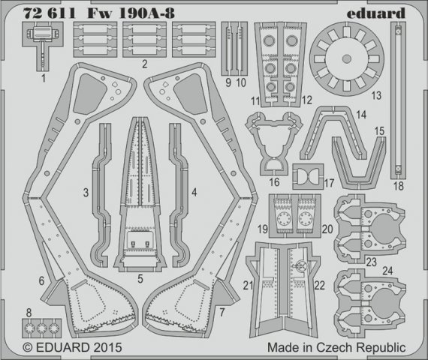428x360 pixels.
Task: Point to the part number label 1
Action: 44,76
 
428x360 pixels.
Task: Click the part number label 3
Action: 87,193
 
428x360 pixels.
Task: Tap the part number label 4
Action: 194,193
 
